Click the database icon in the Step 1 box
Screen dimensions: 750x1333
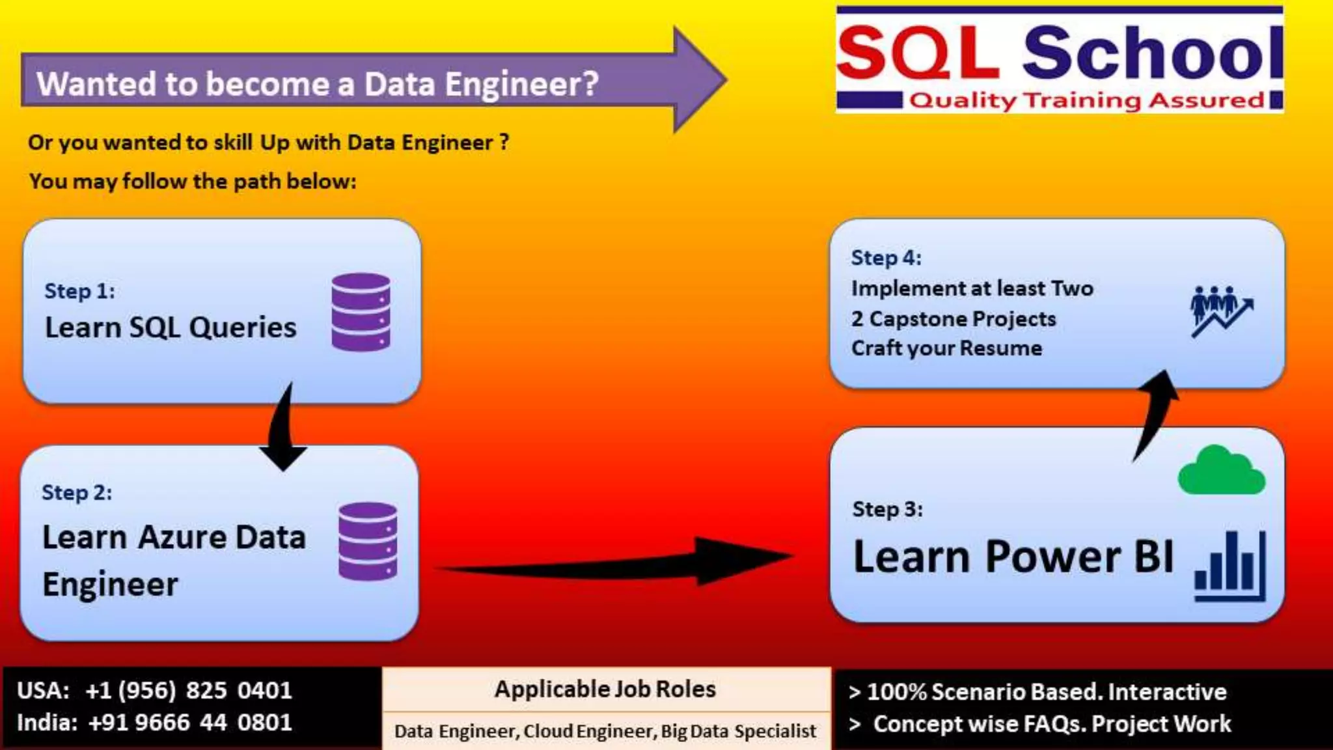[361, 312]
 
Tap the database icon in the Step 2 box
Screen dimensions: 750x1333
[368, 541]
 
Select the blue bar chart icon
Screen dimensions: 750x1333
[1230, 567]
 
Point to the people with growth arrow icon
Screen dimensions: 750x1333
[1221, 311]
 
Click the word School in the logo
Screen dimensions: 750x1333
[1152, 52]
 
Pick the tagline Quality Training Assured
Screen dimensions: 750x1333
[1086, 100]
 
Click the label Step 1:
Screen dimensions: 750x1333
[79, 291]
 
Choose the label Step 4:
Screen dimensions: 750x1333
[886, 258]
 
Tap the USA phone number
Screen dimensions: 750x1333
[189, 690]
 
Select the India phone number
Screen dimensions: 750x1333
[190, 723]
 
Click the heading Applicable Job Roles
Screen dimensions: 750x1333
[605, 689]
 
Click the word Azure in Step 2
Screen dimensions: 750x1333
[182, 538]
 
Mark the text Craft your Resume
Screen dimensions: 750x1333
[946, 348]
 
